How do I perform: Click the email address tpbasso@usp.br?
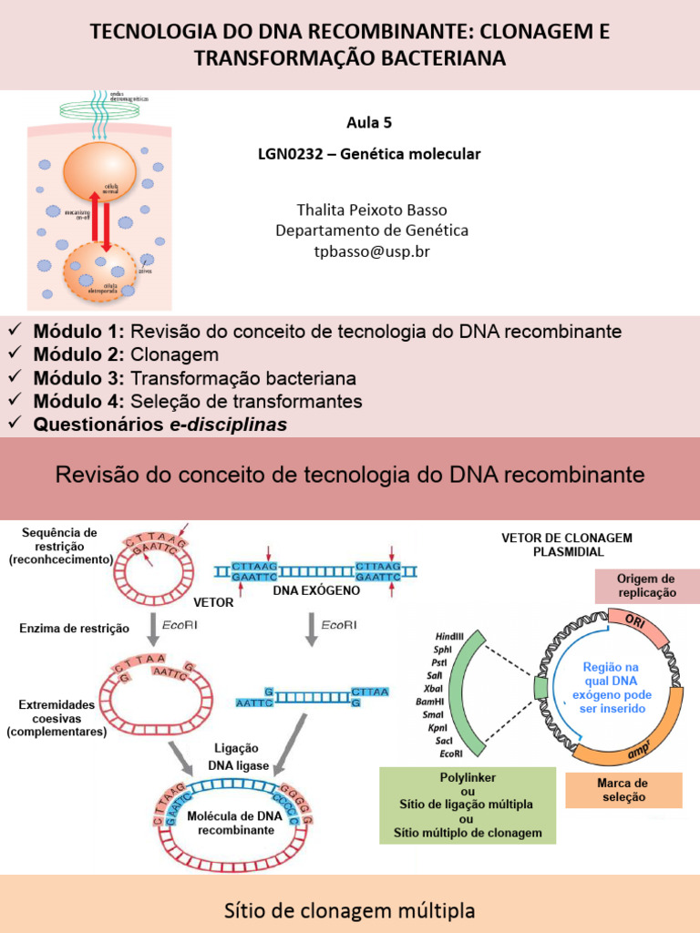point(371,251)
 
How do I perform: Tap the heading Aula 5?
point(369,122)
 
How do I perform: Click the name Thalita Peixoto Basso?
point(372,210)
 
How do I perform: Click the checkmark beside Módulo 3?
point(15,377)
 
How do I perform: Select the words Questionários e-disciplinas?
point(160,425)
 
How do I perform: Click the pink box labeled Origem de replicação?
point(646,586)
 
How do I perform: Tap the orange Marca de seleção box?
point(623,790)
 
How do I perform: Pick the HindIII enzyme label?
point(449,633)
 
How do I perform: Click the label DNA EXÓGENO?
point(316,590)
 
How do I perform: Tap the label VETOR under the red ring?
point(213,602)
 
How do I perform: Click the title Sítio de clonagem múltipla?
point(350,910)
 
